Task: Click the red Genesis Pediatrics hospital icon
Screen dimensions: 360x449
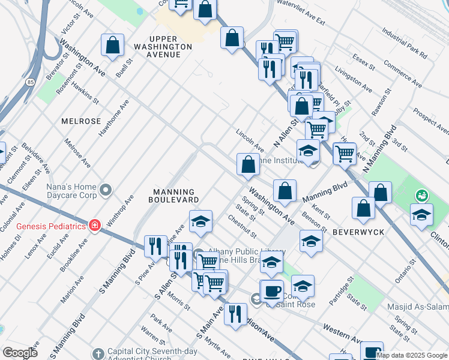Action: pyautogui.click(x=94, y=226)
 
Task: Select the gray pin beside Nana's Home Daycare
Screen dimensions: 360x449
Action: pyautogui.click(x=106, y=190)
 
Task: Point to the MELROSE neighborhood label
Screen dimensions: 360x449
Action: pyautogui.click(x=81, y=121)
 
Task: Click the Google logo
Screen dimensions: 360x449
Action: pyautogui.click(x=19, y=352)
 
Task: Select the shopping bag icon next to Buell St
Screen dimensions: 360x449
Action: pyautogui.click(x=112, y=46)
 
